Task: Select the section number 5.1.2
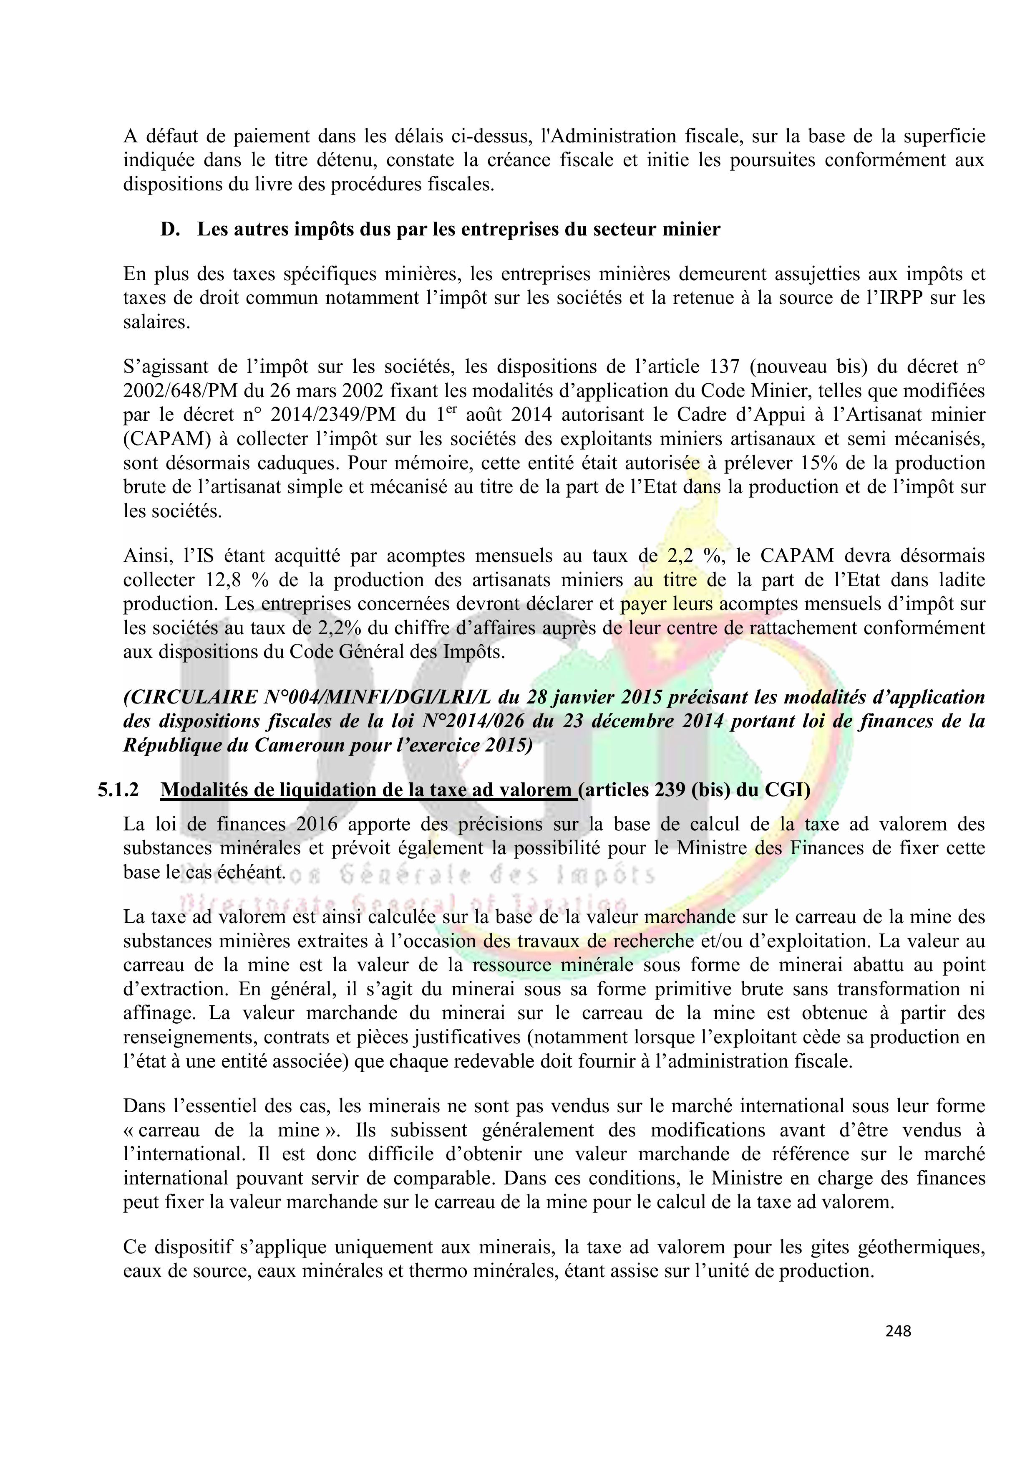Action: coord(118,790)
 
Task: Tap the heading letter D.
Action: coord(170,229)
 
